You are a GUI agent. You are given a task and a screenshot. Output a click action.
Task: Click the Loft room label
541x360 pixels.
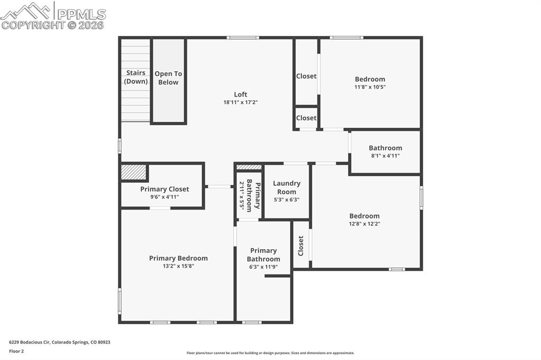click(240, 94)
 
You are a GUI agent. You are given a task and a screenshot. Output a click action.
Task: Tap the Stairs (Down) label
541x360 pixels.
click(136, 77)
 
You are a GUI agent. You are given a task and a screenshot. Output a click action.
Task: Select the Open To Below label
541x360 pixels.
click(168, 78)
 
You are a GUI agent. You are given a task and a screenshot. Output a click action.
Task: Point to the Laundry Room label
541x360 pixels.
click(286, 187)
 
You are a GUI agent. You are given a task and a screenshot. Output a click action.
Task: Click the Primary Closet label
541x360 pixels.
click(164, 189)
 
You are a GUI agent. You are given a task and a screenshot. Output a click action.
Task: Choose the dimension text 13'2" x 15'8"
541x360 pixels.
click(178, 267)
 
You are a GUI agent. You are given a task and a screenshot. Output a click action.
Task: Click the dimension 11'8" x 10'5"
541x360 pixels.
click(370, 87)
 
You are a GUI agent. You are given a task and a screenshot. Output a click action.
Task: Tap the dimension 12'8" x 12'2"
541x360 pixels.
click(364, 224)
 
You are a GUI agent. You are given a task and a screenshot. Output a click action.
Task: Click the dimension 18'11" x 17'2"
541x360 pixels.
click(240, 102)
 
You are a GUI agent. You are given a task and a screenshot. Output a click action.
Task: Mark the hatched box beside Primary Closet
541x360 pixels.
click(134, 172)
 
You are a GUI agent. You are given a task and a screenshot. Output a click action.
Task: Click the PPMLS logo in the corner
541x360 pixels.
click(53, 15)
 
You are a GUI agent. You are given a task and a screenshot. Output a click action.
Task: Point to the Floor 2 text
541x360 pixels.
click(16, 351)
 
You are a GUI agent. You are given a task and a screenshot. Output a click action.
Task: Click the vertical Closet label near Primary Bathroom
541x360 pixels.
click(301, 245)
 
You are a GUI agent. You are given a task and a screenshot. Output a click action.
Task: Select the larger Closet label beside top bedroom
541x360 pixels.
click(306, 76)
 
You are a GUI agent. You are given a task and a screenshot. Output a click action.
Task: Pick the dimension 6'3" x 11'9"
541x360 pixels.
click(263, 267)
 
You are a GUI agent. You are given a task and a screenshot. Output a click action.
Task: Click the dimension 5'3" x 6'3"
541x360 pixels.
click(286, 200)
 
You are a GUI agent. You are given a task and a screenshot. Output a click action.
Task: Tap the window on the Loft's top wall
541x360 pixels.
click(242, 37)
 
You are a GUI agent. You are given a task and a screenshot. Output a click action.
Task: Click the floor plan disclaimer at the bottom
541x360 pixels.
click(270, 353)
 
